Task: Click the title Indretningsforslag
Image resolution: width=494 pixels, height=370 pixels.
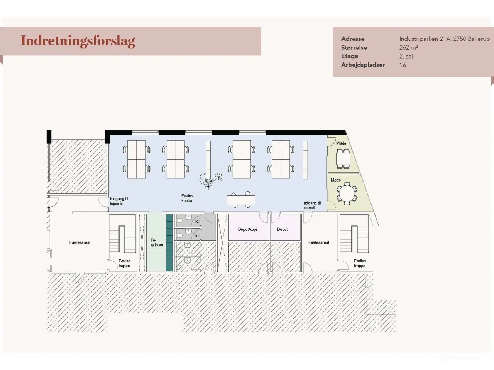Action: pyautogui.click(x=78, y=41)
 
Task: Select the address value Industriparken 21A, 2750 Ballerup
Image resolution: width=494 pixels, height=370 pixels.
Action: pyautogui.click(x=444, y=39)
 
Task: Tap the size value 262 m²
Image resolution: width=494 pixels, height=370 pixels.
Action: pyautogui.click(x=408, y=48)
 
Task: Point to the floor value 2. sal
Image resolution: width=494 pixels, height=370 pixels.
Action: pyautogui.click(x=406, y=56)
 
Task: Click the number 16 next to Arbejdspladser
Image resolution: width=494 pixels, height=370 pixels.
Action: pyautogui.click(x=403, y=65)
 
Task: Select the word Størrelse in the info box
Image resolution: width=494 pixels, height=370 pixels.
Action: pyautogui.click(x=354, y=48)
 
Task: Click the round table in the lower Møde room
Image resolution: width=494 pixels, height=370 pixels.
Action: pyautogui.click(x=346, y=194)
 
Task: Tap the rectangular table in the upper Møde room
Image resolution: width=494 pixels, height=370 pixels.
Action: pyautogui.click(x=342, y=158)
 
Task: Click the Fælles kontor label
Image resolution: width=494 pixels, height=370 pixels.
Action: pyautogui.click(x=187, y=198)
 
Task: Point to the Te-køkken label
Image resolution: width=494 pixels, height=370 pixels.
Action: pyautogui.click(x=156, y=242)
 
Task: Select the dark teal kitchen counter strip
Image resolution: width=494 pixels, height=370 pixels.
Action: pyautogui.click(x=169, y=243)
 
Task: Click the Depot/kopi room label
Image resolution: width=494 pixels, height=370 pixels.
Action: pyautogui.click(x=247, y=229)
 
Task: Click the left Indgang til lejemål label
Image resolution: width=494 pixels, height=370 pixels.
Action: pyautogui.click(x=119, y=201)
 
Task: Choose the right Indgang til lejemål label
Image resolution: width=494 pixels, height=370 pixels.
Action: pyautogui.click(x=311, y=205)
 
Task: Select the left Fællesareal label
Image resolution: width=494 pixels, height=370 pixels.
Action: pyautogui.click(x=80, y=242)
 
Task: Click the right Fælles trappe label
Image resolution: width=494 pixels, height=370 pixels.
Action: pyautogui.click(x=360, y=263)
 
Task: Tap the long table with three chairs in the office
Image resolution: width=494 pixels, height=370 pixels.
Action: pyautogui.click(x=241, y=200)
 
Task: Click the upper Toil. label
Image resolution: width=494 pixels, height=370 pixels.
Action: pyautogui.click(x=198, y=222)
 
